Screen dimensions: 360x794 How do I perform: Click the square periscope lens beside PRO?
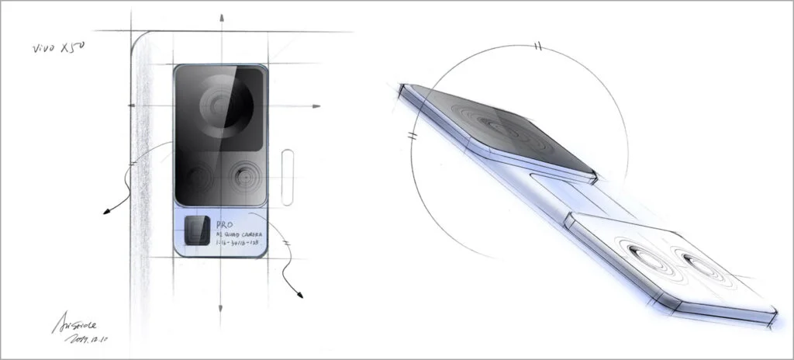click(x=197, y=230)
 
